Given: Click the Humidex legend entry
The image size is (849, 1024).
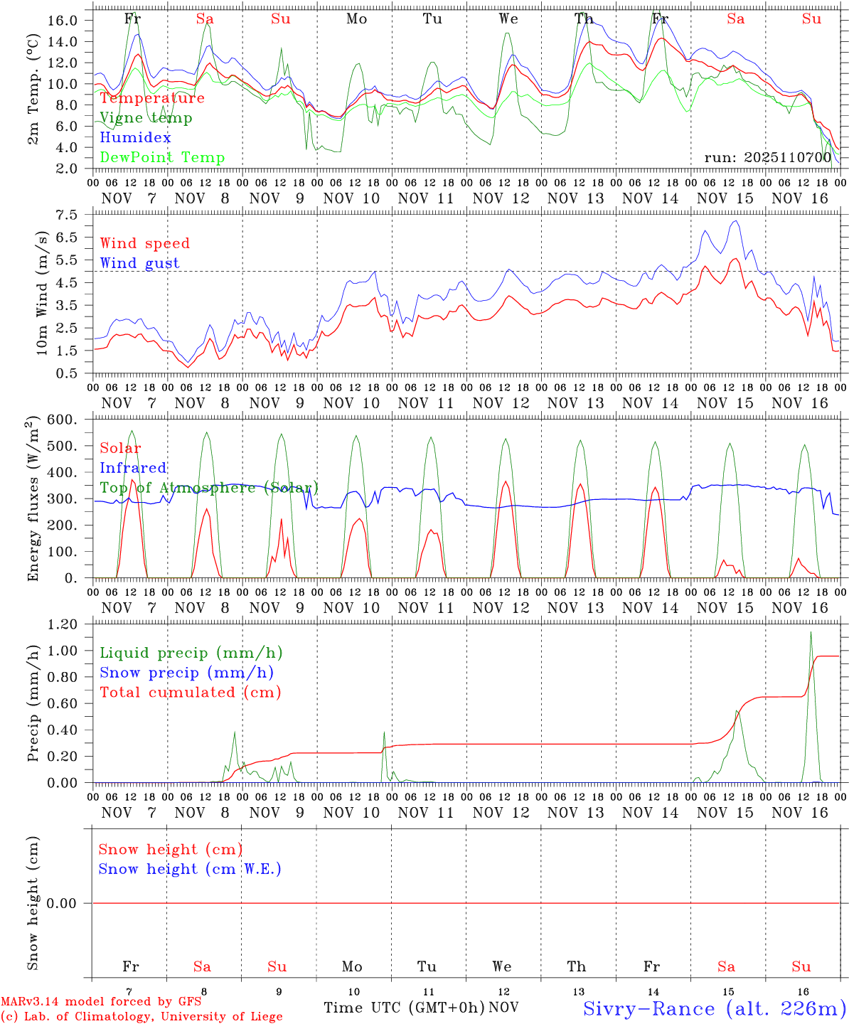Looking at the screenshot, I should click(135, 138).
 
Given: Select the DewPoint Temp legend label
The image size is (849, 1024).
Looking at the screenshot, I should click(162, 158).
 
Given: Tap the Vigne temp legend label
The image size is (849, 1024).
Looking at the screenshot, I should click(146, 118).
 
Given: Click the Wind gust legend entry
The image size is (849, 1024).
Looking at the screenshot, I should click(139, 263).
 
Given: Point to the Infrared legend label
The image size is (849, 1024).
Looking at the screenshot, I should click(133, 468).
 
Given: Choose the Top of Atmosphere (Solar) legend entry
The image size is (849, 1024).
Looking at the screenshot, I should click(209, 488).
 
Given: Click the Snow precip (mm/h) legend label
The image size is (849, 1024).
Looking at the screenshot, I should click(186, 673).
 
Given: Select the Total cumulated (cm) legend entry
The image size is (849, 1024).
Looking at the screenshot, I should click(190, 693).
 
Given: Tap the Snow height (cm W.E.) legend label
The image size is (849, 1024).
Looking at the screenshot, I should click(190, 869).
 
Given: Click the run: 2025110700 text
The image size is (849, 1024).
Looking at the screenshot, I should click(767, 158).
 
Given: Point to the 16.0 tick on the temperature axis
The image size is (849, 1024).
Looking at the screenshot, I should click(63, 20).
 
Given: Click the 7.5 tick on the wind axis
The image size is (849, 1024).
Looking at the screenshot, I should click(66, 215).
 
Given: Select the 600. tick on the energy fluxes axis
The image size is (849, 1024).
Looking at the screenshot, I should click(63, 420).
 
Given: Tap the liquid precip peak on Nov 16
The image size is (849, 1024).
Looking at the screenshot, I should click(811, 632).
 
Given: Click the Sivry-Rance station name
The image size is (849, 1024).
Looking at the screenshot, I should click(713, 1008).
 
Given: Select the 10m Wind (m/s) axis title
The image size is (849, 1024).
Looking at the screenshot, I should click(42, 293).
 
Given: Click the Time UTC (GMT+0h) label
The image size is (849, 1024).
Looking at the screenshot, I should click(404, 1008).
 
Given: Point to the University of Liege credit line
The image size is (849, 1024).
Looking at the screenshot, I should click(141, 1017).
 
